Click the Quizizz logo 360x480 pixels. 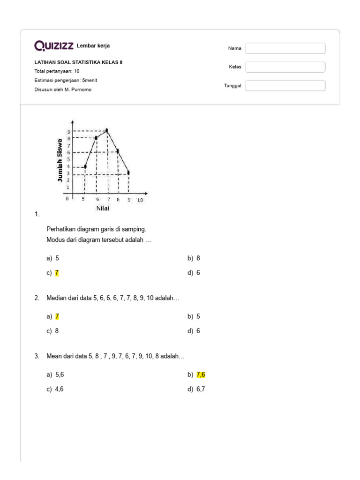(54, 45)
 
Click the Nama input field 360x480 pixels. (285, 48)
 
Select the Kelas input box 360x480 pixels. (285, 67)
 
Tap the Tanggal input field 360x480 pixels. (285, 86)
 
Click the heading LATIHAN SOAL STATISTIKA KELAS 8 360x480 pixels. (78, 62)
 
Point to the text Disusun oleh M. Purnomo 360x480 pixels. (63, 90)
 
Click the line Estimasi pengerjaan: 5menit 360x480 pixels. (66, 80)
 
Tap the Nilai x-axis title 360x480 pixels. (103, 208)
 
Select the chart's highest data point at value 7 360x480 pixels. (107, 130)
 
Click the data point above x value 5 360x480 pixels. (85, 166)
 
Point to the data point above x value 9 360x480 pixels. (129, 173)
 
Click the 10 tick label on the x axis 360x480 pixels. (140, 200)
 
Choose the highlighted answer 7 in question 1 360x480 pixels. (57, 273)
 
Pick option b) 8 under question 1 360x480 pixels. (198, 258)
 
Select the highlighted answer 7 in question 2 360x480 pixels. (57, 316)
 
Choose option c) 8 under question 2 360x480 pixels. (57, 331)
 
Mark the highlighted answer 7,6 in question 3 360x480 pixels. (201, 375)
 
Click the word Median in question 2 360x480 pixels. (56, 299)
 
